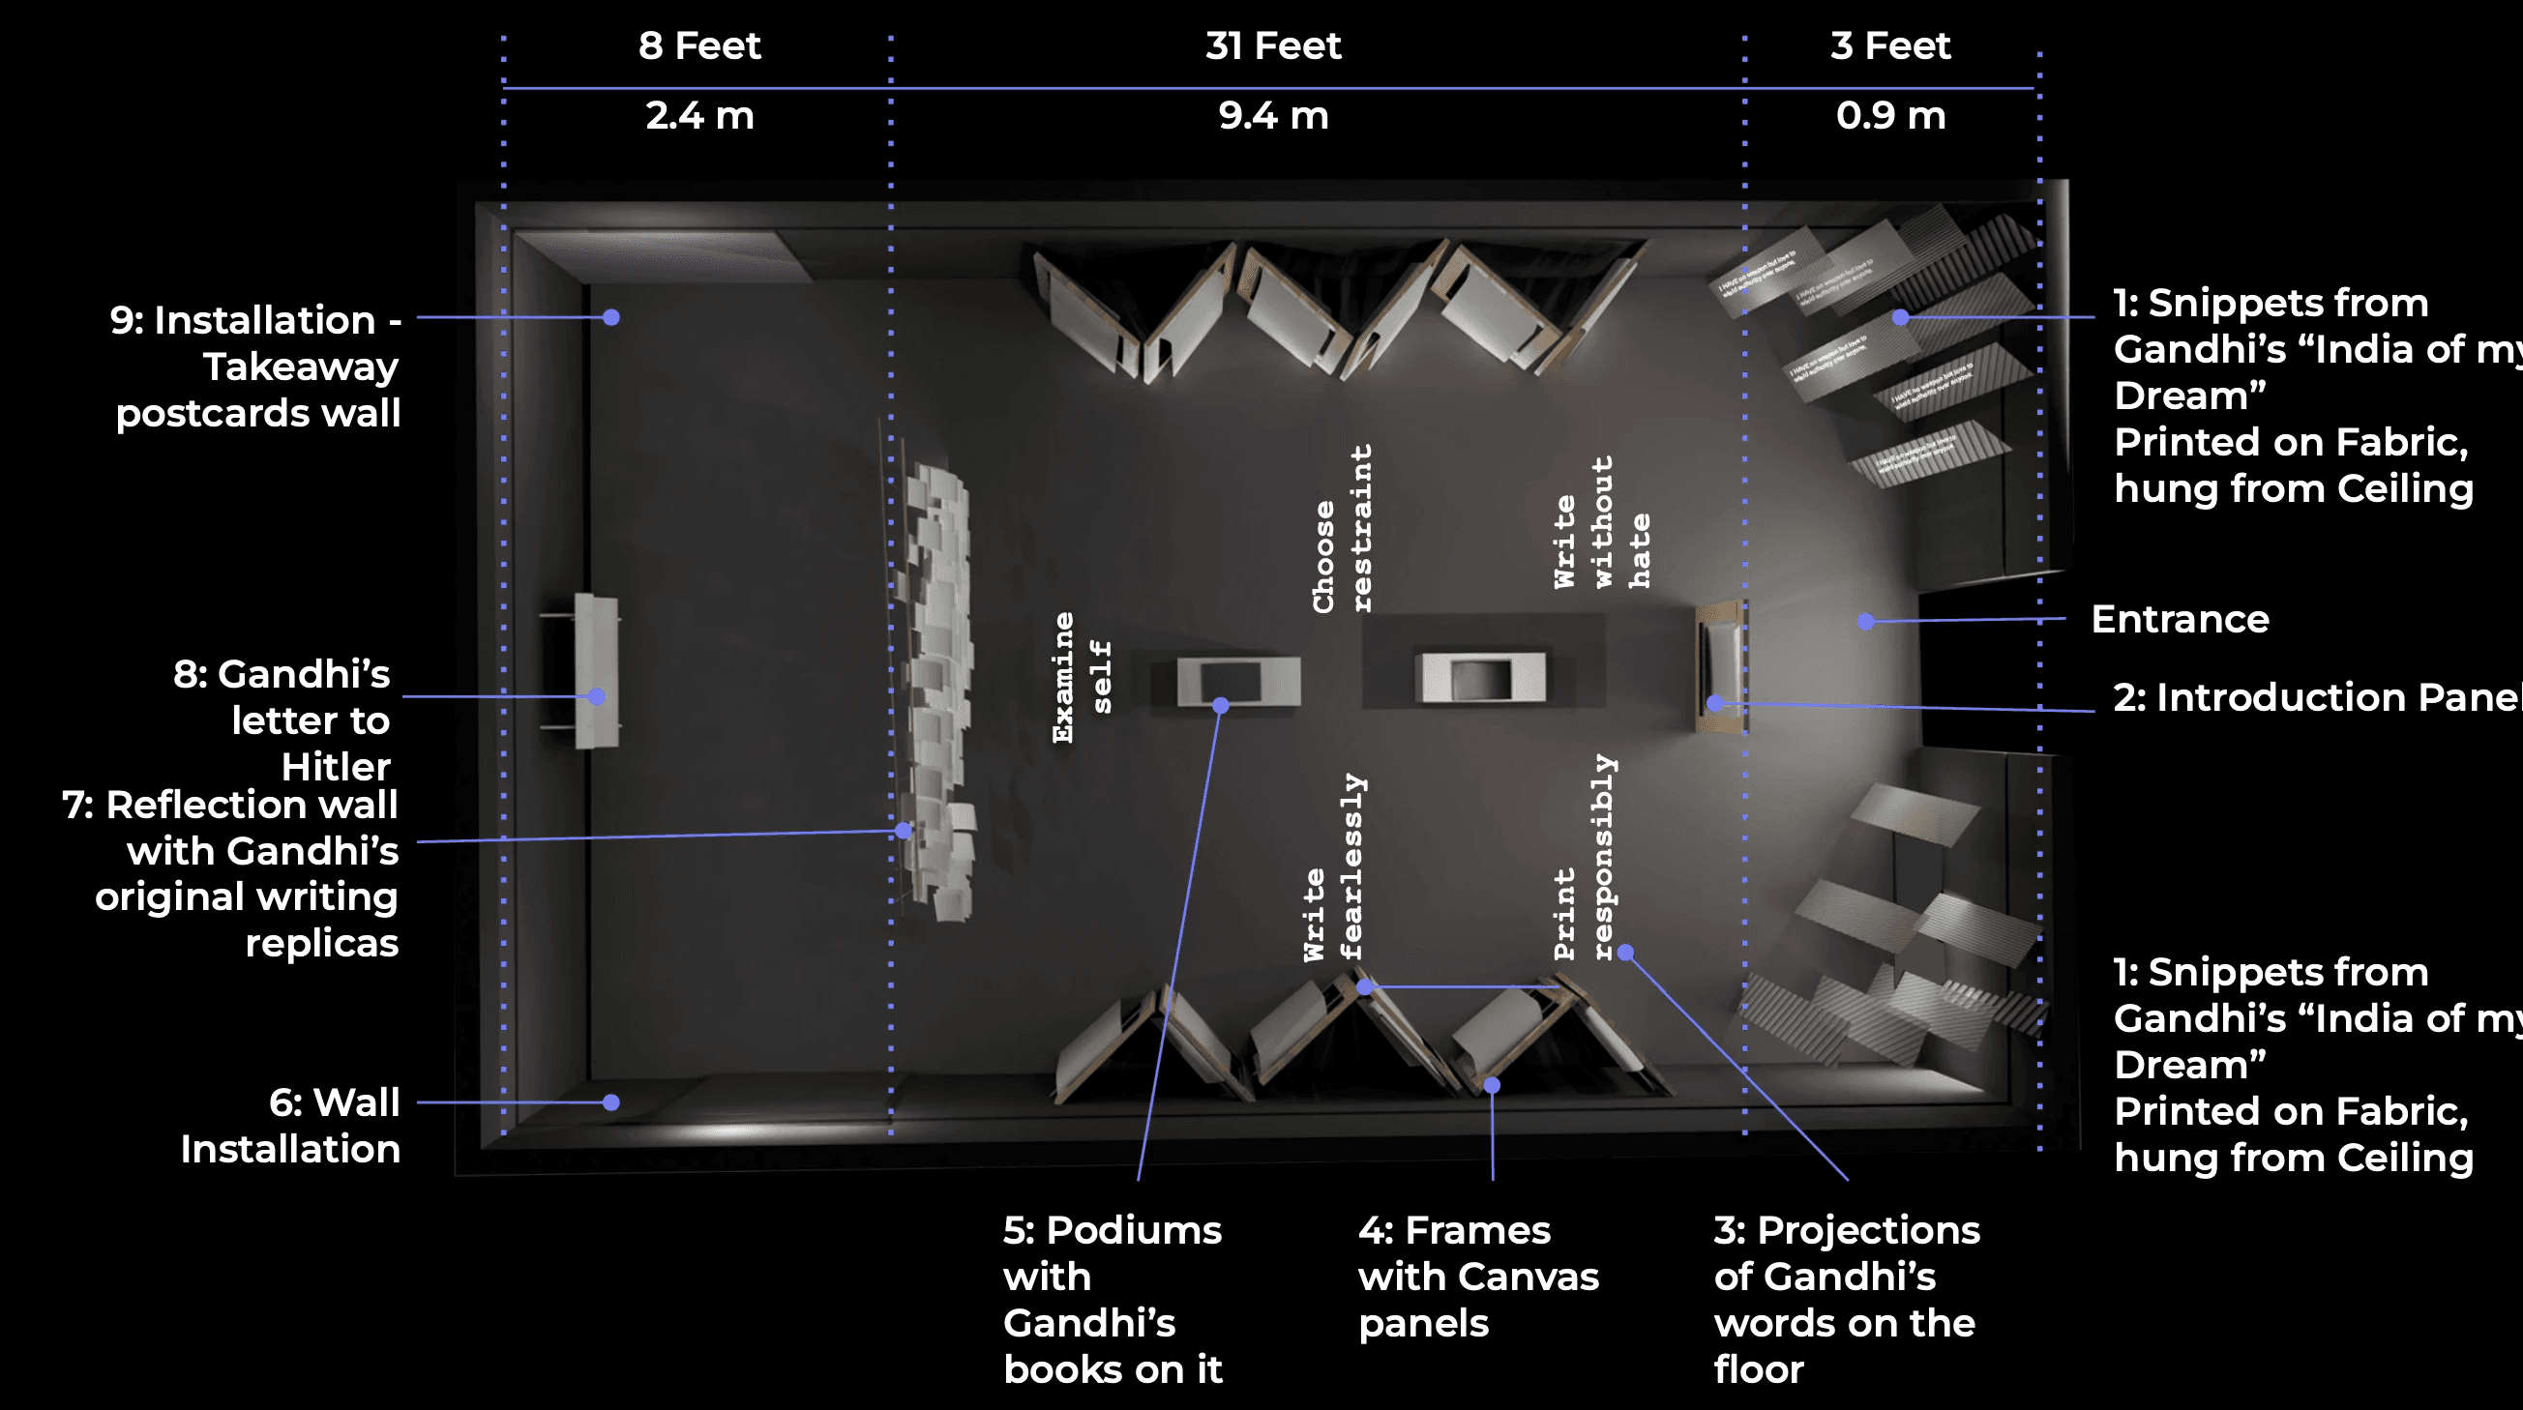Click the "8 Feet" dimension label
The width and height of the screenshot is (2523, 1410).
699,46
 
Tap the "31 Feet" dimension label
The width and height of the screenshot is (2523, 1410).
1272,46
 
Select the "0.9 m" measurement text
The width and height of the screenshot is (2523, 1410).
1890,115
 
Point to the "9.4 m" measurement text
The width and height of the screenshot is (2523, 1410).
1272,115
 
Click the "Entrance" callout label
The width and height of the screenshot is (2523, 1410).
2180,619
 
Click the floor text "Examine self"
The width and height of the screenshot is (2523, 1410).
1082,678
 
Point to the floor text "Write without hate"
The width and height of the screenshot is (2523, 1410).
1601,524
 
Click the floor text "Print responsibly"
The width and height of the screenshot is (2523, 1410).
1584,859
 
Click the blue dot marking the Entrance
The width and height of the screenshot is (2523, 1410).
1866,622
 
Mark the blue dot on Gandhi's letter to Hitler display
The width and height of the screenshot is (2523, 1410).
597,696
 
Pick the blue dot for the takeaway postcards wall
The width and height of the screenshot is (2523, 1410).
611,317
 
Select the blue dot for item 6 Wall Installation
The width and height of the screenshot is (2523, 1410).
611,1102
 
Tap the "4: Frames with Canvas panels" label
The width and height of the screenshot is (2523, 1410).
1477,1276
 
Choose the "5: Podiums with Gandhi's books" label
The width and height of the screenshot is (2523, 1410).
1113,1299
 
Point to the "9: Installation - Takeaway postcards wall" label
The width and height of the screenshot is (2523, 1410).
256,367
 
